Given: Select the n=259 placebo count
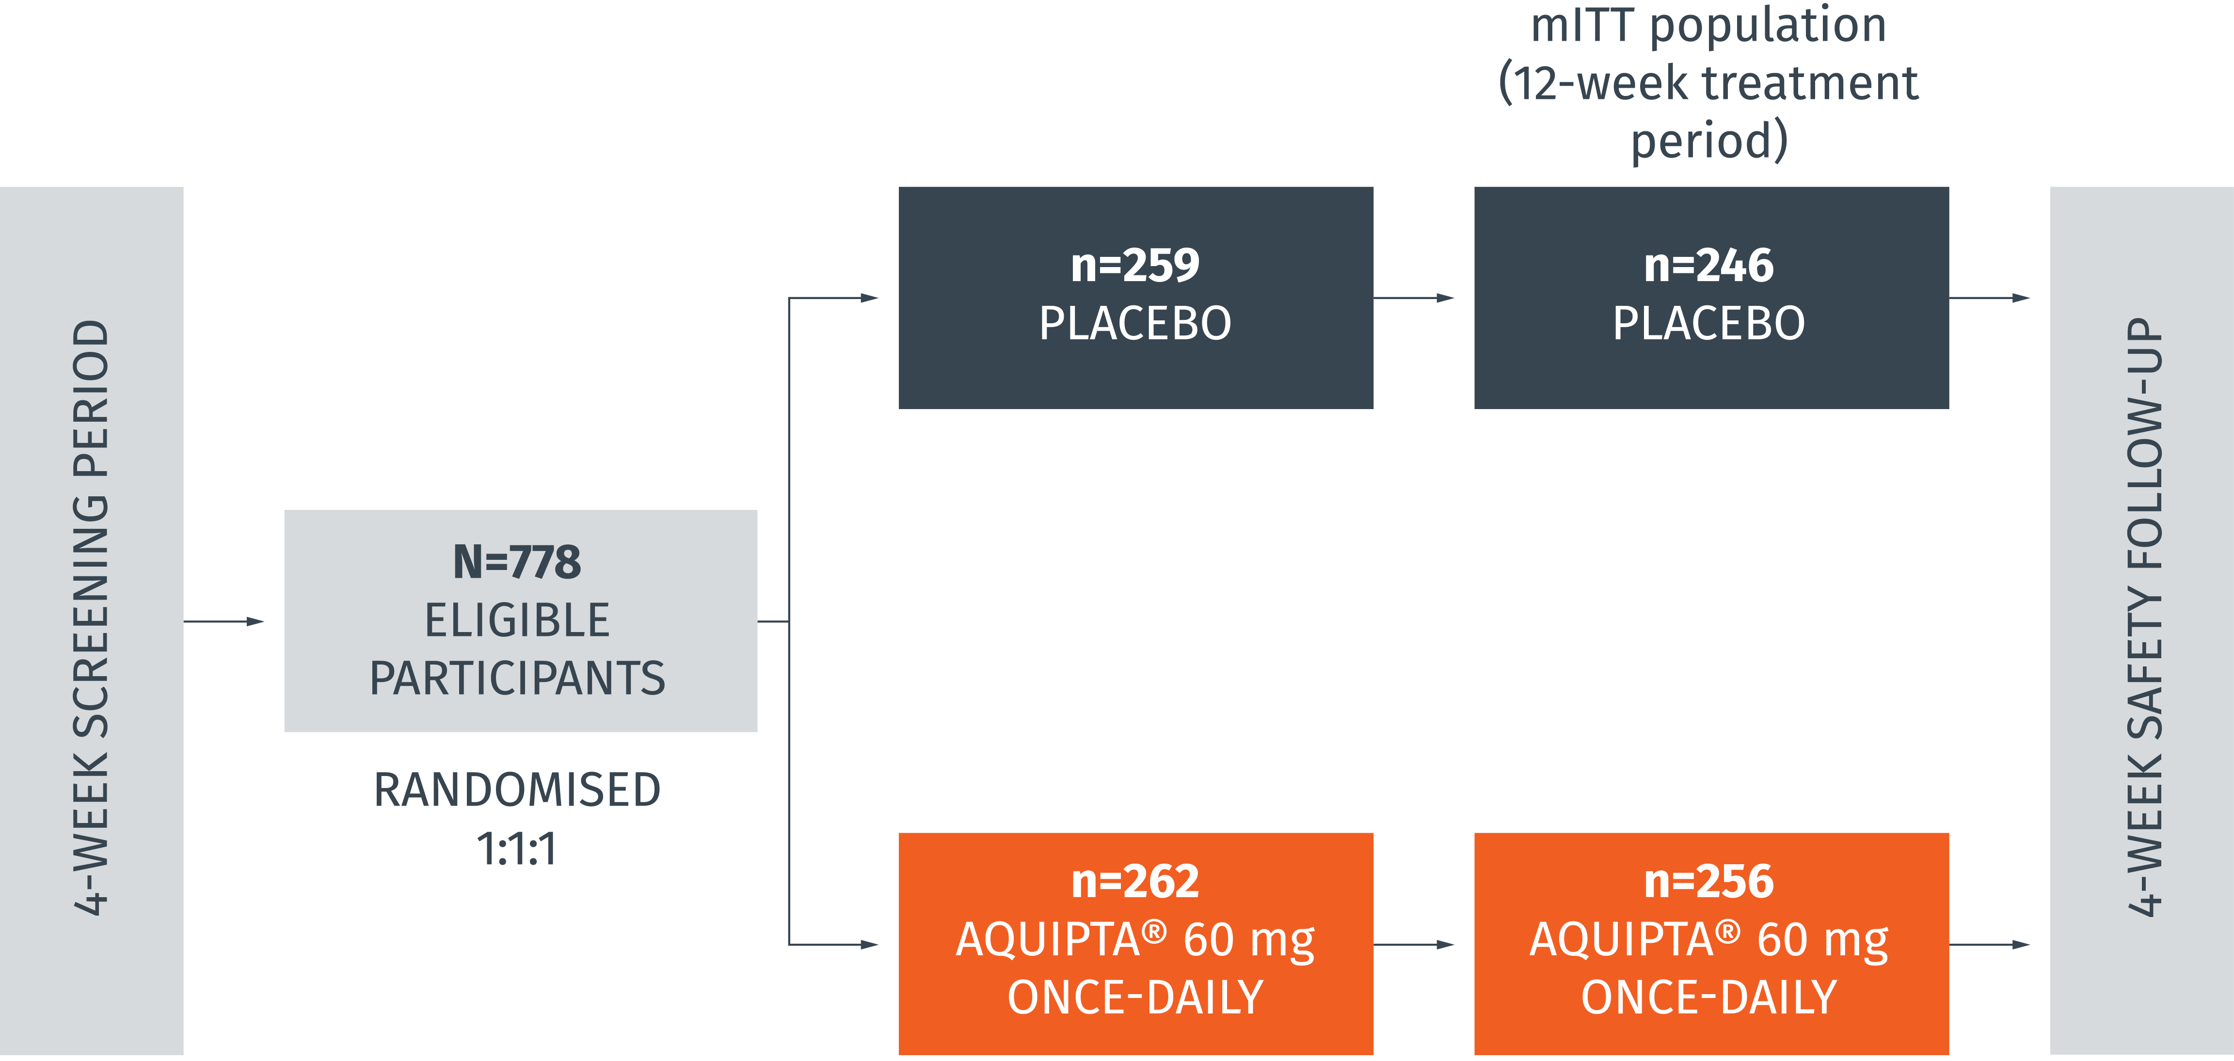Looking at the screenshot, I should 1135,265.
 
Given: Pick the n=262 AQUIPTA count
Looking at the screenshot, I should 1135,882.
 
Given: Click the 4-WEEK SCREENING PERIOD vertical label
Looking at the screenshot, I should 91,617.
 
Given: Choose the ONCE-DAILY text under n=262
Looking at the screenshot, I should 1135,998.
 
